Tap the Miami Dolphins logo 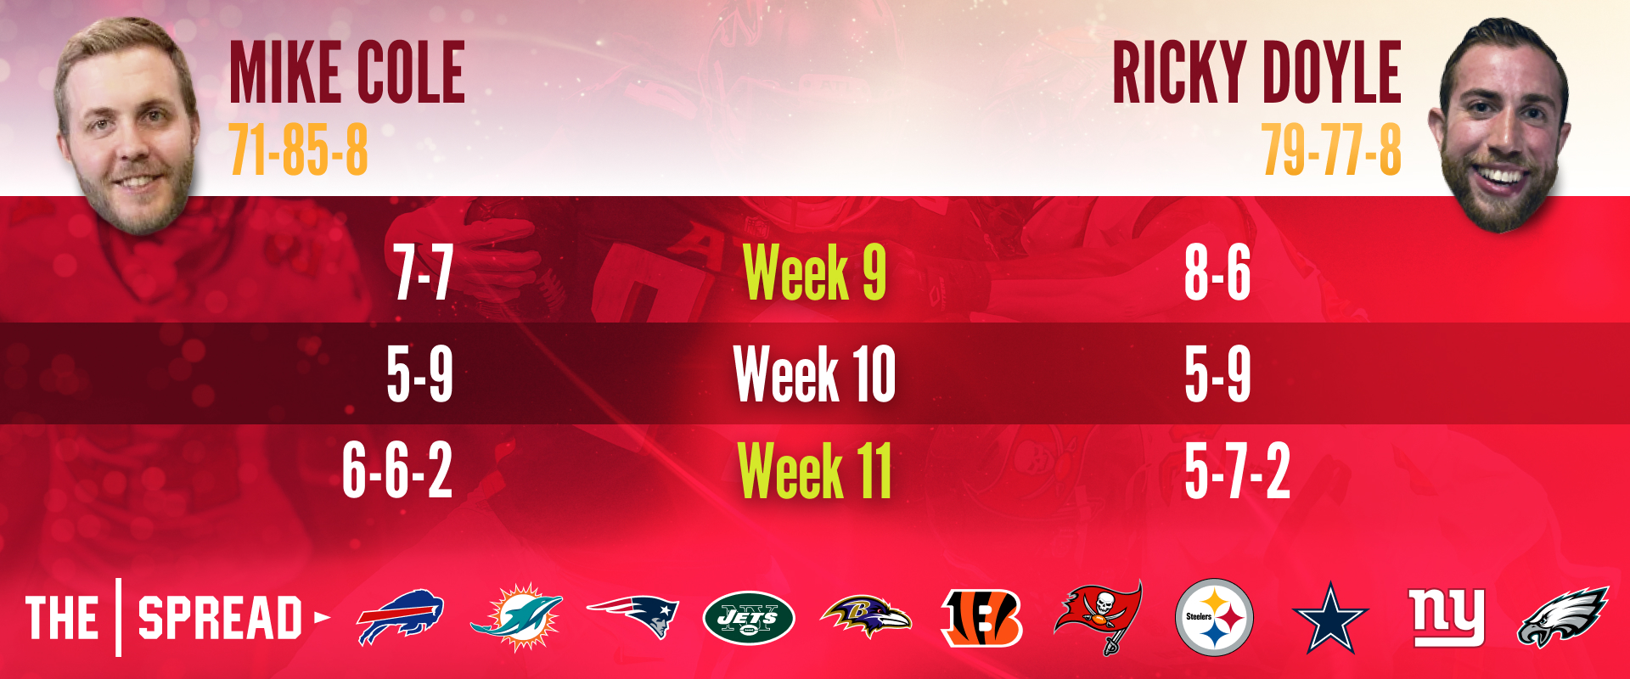516,617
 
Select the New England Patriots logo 632,615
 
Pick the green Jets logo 749,618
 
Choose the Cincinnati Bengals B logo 982,618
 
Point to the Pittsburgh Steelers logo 1214,617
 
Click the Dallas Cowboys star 1329,618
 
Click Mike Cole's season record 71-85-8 299,149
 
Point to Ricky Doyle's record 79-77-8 1331,149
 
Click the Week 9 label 815,272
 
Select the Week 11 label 815,470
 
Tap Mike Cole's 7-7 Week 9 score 423,272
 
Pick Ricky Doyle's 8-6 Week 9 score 1217,272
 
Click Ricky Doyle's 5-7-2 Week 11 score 1238,470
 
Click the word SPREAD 220,617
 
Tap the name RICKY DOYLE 1256,72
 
